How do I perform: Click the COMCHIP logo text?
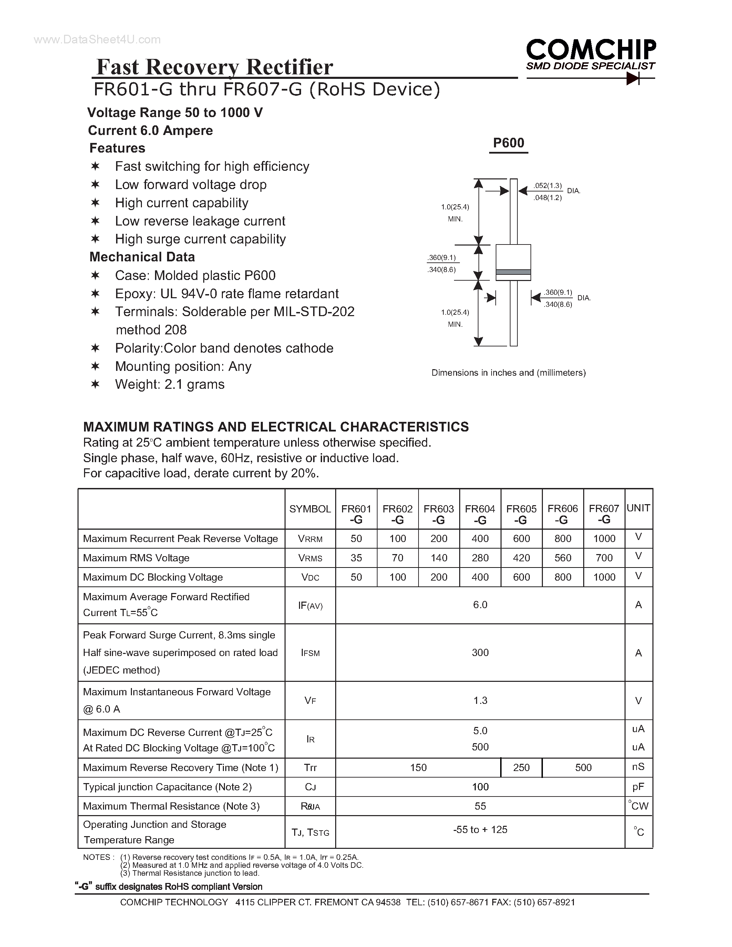[591, 50]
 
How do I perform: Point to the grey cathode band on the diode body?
[513, 272]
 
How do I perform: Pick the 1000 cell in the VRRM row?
[604, 539]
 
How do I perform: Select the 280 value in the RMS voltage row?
[480, 558]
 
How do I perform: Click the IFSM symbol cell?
[310, 653]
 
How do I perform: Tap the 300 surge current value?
[480, 653]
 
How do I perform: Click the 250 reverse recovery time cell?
[521, 768]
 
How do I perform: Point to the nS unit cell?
[638, 767]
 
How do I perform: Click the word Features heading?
[117, 148]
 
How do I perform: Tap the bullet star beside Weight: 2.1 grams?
[95, 384]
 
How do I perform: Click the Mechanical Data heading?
[142, 257]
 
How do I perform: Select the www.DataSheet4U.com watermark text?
[97, 40]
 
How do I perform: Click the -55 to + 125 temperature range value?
[480, 830]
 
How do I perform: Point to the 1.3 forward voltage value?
[480, 700]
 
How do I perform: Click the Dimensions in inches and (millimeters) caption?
[508, 373]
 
